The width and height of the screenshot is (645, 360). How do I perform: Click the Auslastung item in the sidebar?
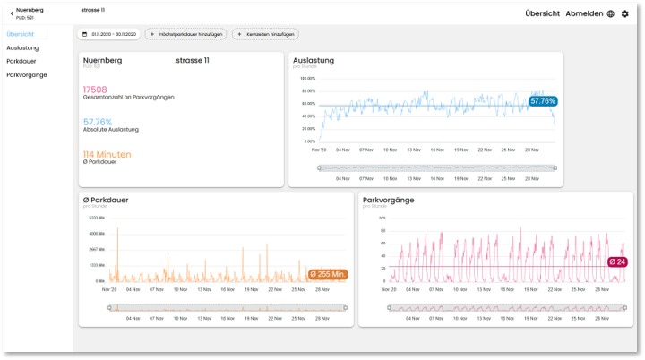(x=21, y=47)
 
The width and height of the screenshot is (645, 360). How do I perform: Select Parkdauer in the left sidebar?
(x=21, y=61)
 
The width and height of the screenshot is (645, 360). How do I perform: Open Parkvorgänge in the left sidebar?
(x=26, y=74)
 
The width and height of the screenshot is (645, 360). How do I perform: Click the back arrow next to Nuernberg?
(x=12, y=11)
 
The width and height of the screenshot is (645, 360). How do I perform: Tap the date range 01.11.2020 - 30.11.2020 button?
(x=109, y=34)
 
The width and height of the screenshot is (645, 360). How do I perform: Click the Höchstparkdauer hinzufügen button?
(x=186, y=34)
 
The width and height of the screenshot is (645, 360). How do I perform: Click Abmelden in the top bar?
(x=584, y=13)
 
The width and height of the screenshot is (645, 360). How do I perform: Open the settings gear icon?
(x=625, y=13)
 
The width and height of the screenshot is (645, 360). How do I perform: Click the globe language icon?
(x=611, y=13)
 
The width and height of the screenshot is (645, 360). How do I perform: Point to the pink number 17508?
(x=95, y=90)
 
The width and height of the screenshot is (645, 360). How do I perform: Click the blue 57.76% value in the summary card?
(x=98, y=122)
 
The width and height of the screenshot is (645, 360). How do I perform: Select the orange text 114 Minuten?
(x=107, y=154)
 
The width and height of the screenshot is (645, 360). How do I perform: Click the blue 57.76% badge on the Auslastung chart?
(x=543, y=101)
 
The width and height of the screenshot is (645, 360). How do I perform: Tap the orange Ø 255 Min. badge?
(x=327, y=275)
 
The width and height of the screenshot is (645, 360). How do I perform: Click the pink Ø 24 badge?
(x=617, y=261)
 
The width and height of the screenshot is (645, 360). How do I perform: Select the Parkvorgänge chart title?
(x=388, y=199)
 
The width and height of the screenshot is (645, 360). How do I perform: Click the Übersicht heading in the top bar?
(x=543, y=13)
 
